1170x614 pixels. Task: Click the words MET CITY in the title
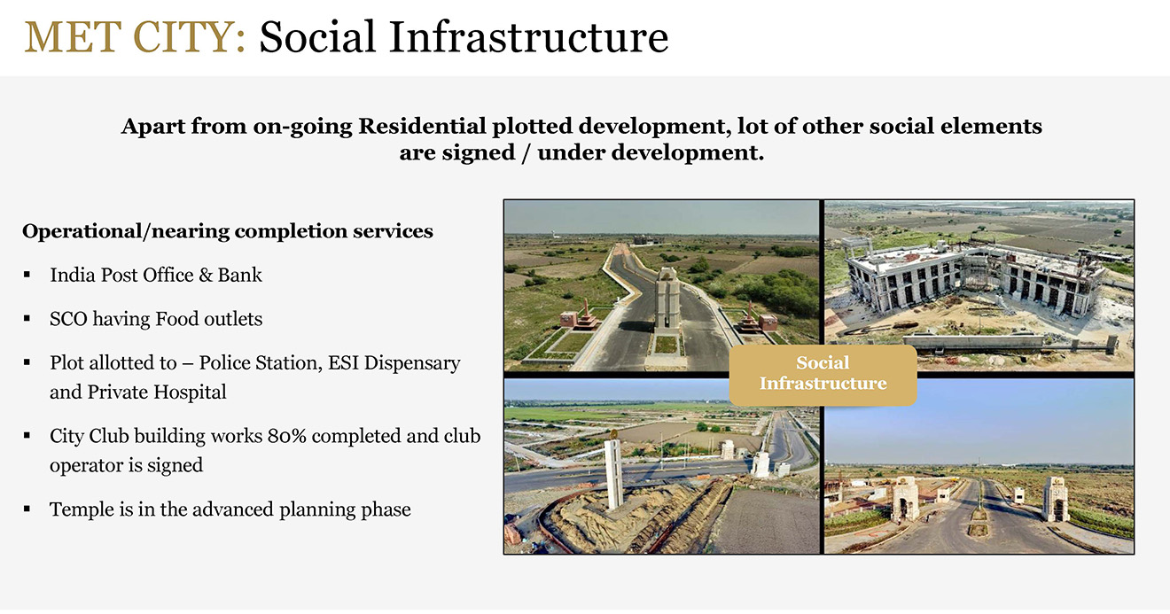click(x=135, y=37)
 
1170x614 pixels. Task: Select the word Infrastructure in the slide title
click(x=528, y=37)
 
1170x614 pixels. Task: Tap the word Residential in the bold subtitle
click(x=422, y=127)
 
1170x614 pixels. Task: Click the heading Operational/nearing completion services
click(x=228, y=231)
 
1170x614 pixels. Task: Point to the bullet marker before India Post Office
click(x=27, y=275)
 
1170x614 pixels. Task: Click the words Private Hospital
click(x=157, y=392)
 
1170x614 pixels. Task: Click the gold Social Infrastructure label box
click(x=823, y=375)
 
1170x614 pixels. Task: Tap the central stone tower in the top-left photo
click(x=667, y=298)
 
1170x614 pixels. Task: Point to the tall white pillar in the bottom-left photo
click(x=614, y=471)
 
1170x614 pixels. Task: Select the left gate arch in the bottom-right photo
click(x=905, y=498)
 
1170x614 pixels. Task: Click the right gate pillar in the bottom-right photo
click(x=1055, y=498)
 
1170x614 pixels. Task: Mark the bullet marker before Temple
click(x=27, y=509)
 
